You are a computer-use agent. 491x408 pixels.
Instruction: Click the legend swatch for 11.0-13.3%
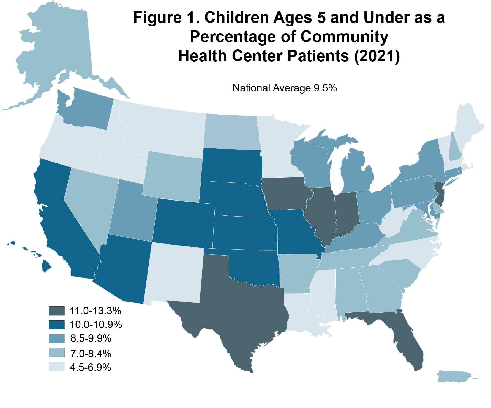[x=57, y=311]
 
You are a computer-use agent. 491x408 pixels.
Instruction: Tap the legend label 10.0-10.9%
[x=96, y=325]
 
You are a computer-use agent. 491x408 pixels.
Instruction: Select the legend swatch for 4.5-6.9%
[x=57, y=367]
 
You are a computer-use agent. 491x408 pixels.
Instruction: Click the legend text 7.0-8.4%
[x=91, y=354]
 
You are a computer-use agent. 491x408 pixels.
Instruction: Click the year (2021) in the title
[x=377, y=56]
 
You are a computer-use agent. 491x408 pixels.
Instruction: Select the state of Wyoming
[x=173, y=176]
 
